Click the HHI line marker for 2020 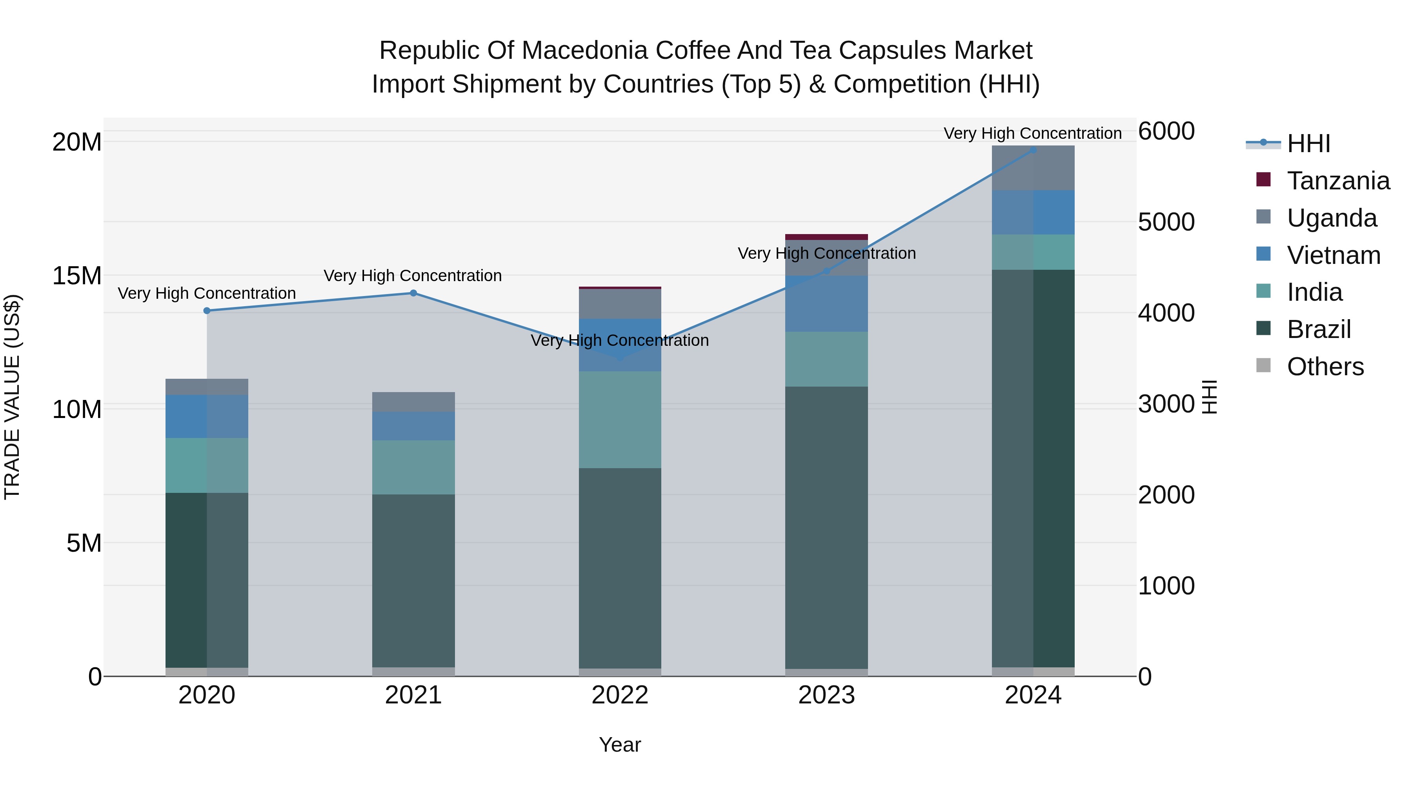(207, 311)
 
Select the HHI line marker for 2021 (413, 293)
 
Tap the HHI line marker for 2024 (1033, 150)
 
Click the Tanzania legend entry (1338, 181)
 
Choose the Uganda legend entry (1332, 218)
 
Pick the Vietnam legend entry (1333, 255)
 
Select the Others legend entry (1325, 367)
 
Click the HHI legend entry (1308, 144)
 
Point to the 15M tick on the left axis (77, 276)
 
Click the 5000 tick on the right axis (1166, 222)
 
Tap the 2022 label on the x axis (620, 695)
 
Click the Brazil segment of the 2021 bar (413, 581)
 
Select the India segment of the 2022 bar (620, 419)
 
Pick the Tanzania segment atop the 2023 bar (826, 237)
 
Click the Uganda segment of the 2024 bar (1033, 168)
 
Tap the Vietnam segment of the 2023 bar (826, 304)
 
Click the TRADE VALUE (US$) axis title (12, 397)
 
